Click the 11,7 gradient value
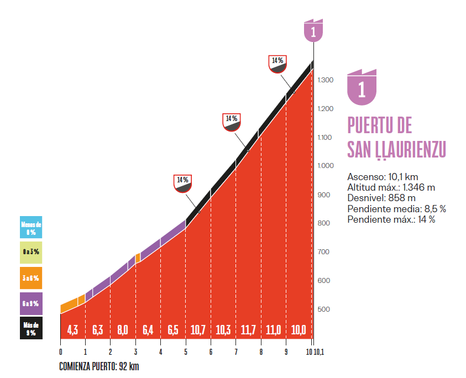248,330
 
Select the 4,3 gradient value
72,330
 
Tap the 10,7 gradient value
198,330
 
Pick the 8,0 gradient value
123,330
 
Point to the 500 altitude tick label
324,309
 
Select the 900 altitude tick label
324,195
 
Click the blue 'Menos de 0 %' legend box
31,227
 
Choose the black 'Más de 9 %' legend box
31,328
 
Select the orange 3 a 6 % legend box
31,278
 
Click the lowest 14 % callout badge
183,183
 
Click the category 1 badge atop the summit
313,31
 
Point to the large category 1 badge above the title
362,87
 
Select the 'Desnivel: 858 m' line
381,198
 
